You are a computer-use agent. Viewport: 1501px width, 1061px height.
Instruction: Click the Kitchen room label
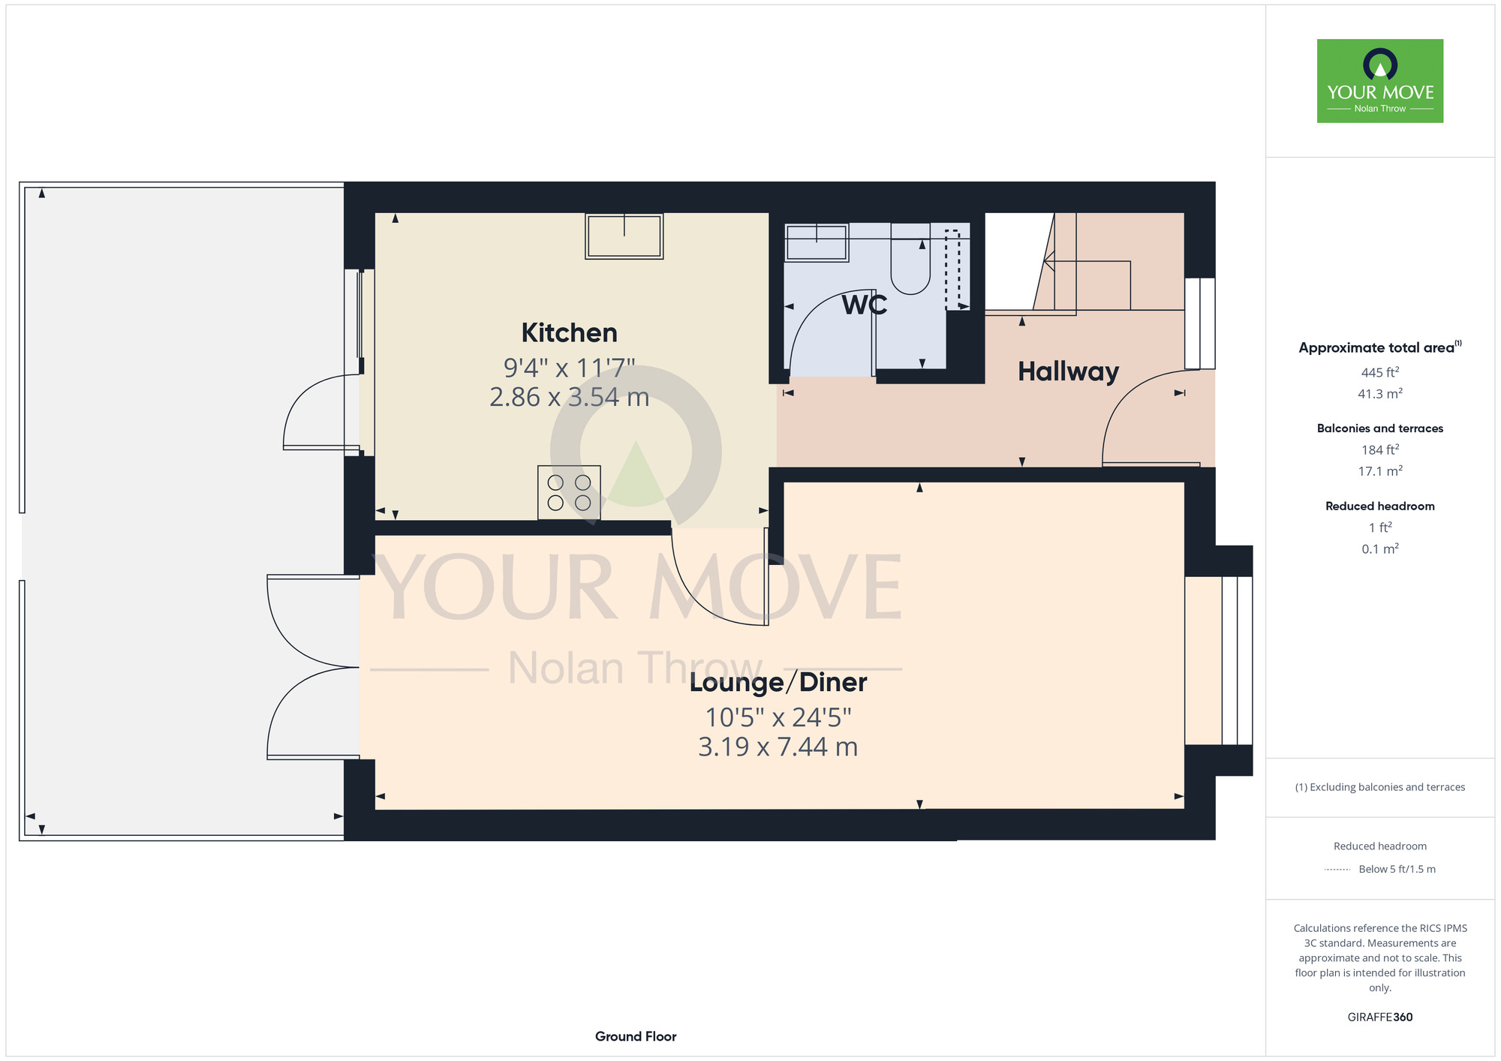(x=569, y=332)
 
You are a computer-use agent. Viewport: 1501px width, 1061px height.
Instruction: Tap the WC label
(x=865, y=305)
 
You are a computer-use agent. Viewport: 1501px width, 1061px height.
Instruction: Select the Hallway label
(x=1068, y=372)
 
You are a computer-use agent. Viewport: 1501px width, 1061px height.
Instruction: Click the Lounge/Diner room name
(x=778, y=682)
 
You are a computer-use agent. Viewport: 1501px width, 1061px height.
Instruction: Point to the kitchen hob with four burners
(x=569, y=493)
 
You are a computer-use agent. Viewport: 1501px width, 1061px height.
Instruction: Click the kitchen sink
(x=624, y=236)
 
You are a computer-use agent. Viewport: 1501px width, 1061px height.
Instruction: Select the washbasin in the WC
(x=817, y=242)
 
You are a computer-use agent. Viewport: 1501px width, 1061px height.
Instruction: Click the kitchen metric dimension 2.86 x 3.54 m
(x=569, y=397)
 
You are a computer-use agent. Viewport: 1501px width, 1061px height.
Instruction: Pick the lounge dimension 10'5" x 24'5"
(x=778, y=717)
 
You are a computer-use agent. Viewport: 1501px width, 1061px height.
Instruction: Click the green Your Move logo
(x=1380, y=81)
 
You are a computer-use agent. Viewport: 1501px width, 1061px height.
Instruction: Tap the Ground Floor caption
(x=636, y=1036)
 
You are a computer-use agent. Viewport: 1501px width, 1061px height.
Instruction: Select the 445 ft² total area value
(x=1380, y=372)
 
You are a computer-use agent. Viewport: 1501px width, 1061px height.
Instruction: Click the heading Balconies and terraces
(x=1380, y=428)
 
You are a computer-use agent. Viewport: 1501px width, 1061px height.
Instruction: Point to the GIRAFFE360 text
(x=1380, y=1017)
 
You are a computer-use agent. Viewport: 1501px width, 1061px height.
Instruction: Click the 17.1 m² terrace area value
(x=1380, y=471)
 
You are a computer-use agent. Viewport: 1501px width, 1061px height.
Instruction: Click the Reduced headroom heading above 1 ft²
(x=1380, y=506)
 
